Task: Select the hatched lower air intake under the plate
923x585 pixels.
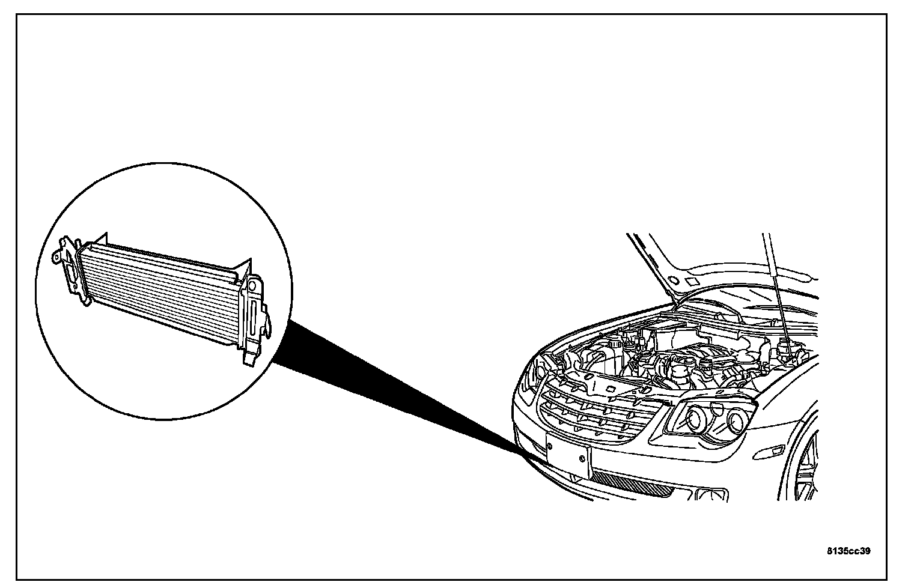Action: point(631,483)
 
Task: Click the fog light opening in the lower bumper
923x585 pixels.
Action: point(707,494)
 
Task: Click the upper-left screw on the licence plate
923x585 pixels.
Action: point(549,446)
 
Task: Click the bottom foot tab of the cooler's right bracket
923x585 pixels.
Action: point(248,360)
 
